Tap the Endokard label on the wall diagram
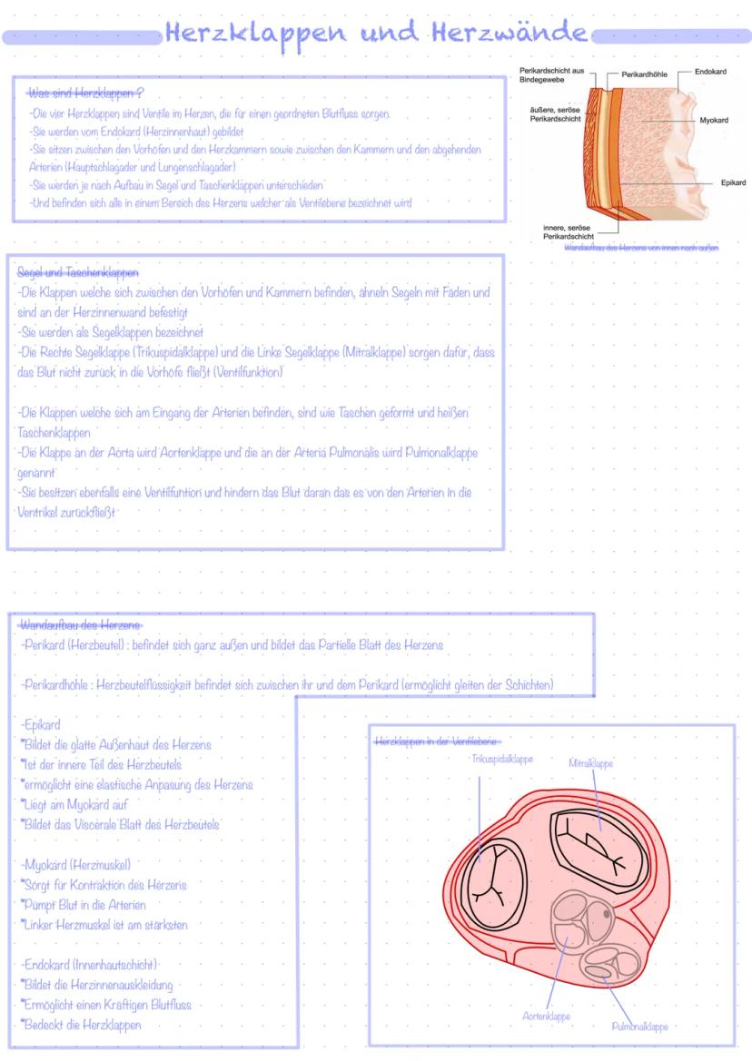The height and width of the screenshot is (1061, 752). tap(711, 71)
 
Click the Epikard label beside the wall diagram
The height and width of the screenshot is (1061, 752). tap(732, 182)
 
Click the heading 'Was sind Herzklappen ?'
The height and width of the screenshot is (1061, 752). tap(86, 93)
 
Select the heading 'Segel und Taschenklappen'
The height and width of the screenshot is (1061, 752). tap(78, 272)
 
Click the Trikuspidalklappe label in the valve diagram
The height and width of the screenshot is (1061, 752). tap(501, 759)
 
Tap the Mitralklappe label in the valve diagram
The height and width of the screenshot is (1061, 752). tap(590, 763)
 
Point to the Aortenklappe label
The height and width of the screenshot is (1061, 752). tap(546, 1017)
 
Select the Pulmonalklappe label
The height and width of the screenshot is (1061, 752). tap(639, 1027)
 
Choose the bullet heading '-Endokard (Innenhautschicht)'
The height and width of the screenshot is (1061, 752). tap(89, 964)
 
